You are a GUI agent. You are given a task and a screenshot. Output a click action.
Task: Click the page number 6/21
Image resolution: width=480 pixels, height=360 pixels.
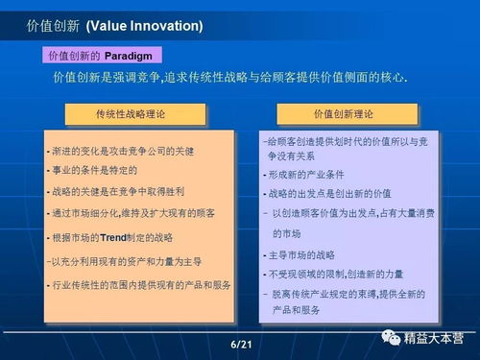point(240,344)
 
